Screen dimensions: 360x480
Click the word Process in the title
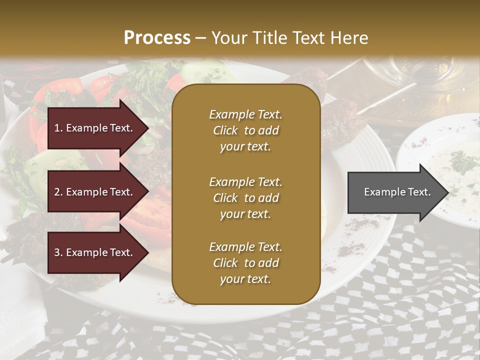click(x=157, y=38)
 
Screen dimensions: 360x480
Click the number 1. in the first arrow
click(x=58, y=128)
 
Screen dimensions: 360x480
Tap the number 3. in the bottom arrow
click(x=58, y=252)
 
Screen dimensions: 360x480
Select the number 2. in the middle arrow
click(x=58, y=192)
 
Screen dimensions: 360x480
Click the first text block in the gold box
click(x=245, y=130)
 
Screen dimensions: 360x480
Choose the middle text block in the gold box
click(x=245, y=197)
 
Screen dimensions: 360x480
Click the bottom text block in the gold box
click(x=245, y=263)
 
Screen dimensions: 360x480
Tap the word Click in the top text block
click(x=225, y=130)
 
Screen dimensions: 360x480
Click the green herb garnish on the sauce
click(x=462, y=161)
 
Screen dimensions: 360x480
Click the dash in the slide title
click(x=200, y=38)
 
